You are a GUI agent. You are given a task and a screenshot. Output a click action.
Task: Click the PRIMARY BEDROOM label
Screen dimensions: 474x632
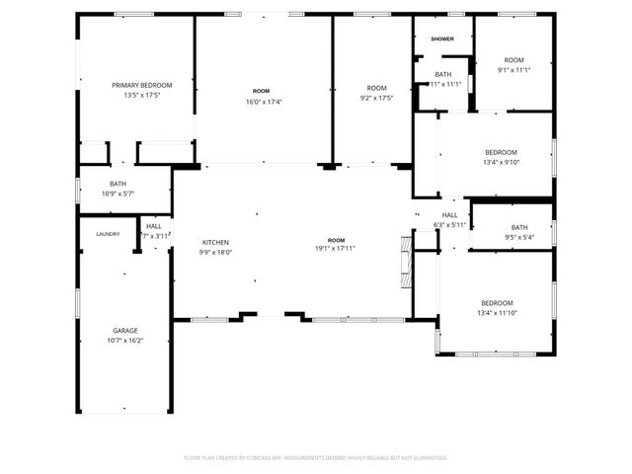tap(141, 86)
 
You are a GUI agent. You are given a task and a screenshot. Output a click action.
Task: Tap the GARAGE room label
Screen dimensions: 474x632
tap(124, 330)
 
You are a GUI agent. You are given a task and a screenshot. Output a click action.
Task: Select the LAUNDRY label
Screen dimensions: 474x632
tap(108, 234)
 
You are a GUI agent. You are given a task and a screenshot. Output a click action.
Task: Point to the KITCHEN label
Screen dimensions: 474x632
tap(216, 242)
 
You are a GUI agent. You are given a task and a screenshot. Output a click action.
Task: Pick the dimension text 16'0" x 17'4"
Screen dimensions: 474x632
tap(261, 102)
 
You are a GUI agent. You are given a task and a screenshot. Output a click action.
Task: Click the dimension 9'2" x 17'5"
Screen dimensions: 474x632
tap(376, 98)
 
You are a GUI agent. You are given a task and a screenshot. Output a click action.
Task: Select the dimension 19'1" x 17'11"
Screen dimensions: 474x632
tap(337, 249)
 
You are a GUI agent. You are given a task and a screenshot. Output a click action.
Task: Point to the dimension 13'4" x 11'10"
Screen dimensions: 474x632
tap(497, 313)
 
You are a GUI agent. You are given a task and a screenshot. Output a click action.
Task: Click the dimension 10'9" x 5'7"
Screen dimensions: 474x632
tap(118, 194)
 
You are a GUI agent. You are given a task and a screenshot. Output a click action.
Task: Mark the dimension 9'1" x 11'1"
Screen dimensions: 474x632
tap(513, 70)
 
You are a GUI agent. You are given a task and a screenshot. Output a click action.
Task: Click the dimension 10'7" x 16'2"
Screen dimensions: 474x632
tap(124, 340)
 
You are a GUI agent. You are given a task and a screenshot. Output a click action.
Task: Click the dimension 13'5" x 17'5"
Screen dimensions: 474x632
tap(141, 96)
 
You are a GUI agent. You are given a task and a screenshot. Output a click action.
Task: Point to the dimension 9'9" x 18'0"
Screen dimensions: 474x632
tap(216, 252)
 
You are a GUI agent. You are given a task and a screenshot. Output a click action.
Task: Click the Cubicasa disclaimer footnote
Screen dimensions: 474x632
tap(316, 457)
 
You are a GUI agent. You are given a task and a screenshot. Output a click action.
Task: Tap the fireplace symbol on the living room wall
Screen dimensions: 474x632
tap(404, 261)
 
